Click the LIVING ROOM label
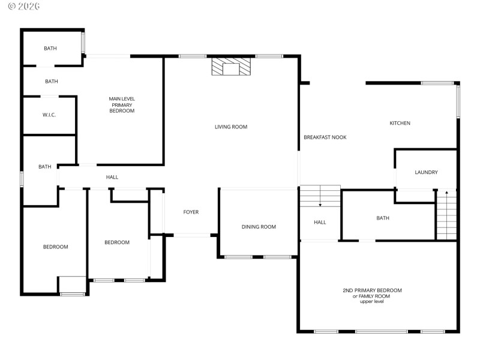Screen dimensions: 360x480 click(x=231, y=127)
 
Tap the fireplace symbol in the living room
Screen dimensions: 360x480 click(x=231, y=67)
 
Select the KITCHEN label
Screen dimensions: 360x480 click(x=400, y=123)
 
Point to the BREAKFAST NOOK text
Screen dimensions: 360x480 click(x=325, y=137)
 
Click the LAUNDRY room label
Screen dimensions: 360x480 click(x=426, y=172)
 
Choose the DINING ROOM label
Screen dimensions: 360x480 click(x=259, y=227)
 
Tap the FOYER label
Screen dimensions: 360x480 click(x=191, y=212)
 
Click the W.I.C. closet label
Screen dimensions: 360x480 click(x=49, y=115)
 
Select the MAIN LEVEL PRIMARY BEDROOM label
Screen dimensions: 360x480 click(x=122, y=105)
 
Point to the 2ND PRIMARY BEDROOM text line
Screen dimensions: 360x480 click(x=372, y=290)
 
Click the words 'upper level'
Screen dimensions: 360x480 click(x=371, y=301)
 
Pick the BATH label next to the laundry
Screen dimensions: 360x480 click(x=383, y=218)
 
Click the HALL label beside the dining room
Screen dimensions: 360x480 click(x=320, y=223)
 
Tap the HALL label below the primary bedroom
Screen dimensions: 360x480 click(x=112, y=177)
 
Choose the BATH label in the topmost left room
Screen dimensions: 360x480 click(x=50, y=48)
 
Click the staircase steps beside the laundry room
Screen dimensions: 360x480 click(x=446, y=216)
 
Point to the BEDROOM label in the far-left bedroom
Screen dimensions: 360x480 click(x=55, y=247)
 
